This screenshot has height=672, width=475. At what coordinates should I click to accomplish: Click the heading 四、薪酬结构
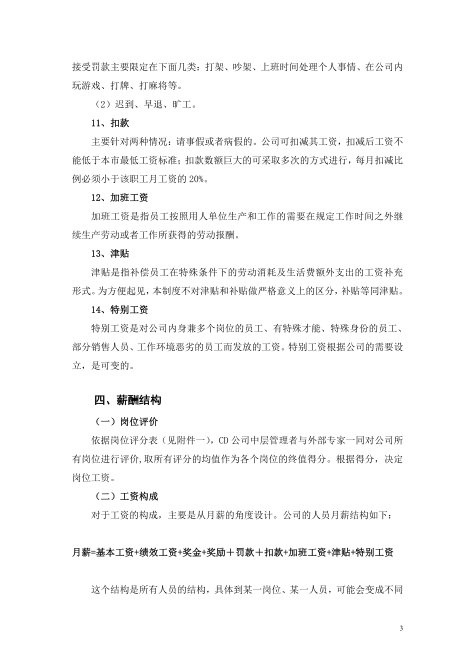click(127, 400)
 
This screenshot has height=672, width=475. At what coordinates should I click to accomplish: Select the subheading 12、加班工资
click(119, 198)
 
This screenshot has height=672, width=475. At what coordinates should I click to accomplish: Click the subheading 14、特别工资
click(119, 310)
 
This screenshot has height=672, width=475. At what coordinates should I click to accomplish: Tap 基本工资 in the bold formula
click(114, 552)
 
